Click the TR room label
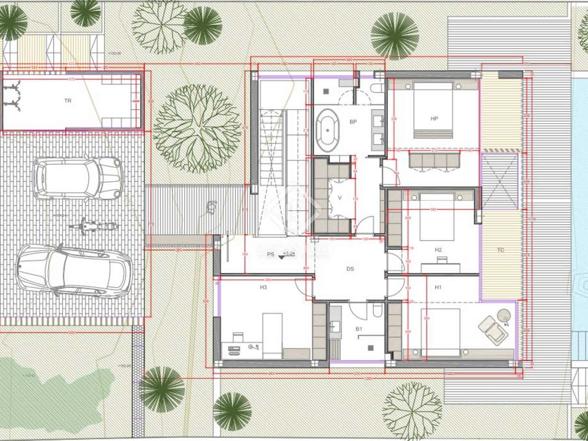click(68, 100)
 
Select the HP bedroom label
click(434, 119)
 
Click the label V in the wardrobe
click(340, 198)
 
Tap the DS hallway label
click(350, 269)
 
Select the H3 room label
click(263, 287)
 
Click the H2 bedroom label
click(438, 250)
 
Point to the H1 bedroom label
click(438, 287)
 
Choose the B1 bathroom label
click(359, 329)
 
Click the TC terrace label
click(500, 250)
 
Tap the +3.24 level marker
click(289, 254)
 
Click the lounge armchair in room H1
click(492, 328)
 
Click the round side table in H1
click(504, 315)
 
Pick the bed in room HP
click(433, 110)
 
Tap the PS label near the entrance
click(270, 254)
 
